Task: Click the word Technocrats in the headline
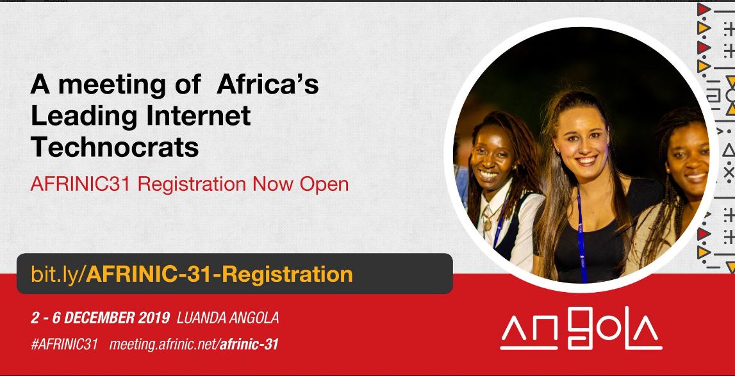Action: click(x=115, y=147)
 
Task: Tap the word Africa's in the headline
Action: click(x=268, y=85)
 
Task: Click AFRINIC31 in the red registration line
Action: click(x=81, y=184)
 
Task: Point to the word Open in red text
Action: click(x=324, y=184)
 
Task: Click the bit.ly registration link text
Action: click(x=192, y=274)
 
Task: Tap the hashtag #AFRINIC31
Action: click(x=64, y=345)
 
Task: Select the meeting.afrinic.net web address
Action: click(x=194, y=345)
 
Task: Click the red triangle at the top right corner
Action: click(x=703, y=9)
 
